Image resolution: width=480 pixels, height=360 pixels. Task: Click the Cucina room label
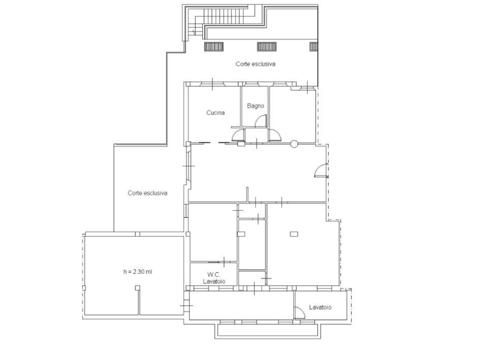click(x=215, y=112)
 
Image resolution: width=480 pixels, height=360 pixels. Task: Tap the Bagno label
click(x=256, y=106)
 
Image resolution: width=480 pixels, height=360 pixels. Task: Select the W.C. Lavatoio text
click(x=214, y=278)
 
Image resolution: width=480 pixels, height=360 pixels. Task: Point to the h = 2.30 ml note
click(x=138, y=272)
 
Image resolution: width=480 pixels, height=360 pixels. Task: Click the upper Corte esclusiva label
click(x=255, y=64)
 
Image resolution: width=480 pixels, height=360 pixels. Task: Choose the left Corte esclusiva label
click(x=147, y=193)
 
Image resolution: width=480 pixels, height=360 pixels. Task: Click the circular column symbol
click(x=294, y=144)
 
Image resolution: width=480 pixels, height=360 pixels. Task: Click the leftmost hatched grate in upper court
click(x=214, y=47)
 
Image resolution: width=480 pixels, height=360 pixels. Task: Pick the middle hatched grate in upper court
click(x=267, y=47)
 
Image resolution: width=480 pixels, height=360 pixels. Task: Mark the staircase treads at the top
click(x=224, y=16)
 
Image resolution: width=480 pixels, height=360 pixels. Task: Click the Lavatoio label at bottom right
click(x=320, y=307)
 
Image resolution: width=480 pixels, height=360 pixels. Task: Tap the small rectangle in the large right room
click(x=294, y=234)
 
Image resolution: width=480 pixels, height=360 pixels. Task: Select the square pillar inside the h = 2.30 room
click(x=137, y=288)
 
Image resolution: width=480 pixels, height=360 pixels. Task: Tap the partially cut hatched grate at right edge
click(x=313, y=47)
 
